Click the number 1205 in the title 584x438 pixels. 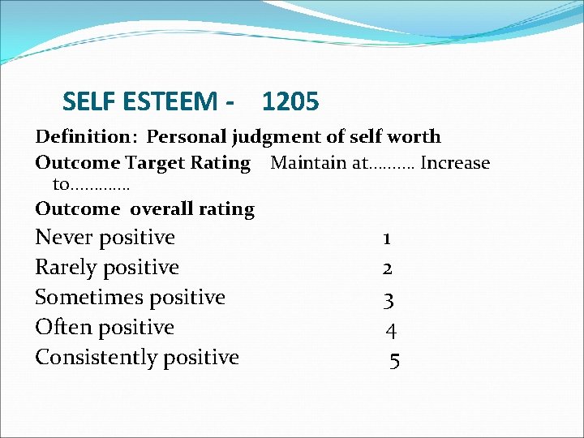[290, 102]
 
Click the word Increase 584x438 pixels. [455, 163]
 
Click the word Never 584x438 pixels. [65, 238]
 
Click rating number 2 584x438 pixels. [388, 268]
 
